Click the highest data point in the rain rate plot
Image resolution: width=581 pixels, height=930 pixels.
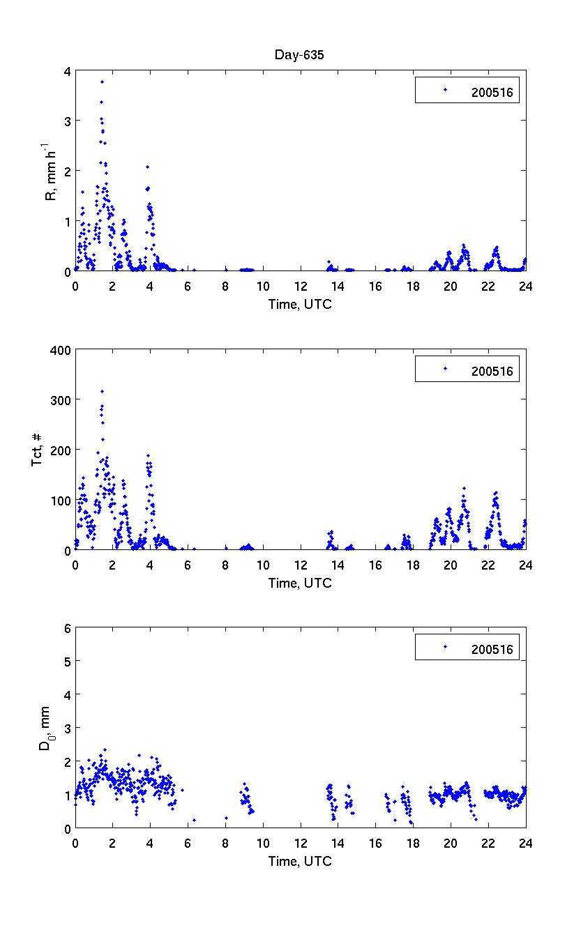(x=102, y=82)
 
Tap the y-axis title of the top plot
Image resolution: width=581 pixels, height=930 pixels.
(x=51, y=171)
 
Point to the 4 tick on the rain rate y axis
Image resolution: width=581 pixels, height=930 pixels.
(x=67, y=71)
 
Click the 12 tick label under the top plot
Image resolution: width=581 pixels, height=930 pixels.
(x=301, y=286)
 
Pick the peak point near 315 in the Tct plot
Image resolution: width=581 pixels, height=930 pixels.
(x=102, y=391)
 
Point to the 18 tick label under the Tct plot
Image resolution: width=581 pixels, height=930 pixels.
(x=413, y=565)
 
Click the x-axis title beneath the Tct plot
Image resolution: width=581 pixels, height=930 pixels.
(x=300, y=583)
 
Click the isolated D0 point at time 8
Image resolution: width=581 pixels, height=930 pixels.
(x=226, y=818)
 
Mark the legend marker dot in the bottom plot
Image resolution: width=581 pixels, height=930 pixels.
(x=445, y=647)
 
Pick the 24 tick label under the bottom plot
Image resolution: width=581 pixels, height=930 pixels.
(x=526, y=843)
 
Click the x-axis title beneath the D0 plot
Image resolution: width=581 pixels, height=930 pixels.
(x=300, y=861)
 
